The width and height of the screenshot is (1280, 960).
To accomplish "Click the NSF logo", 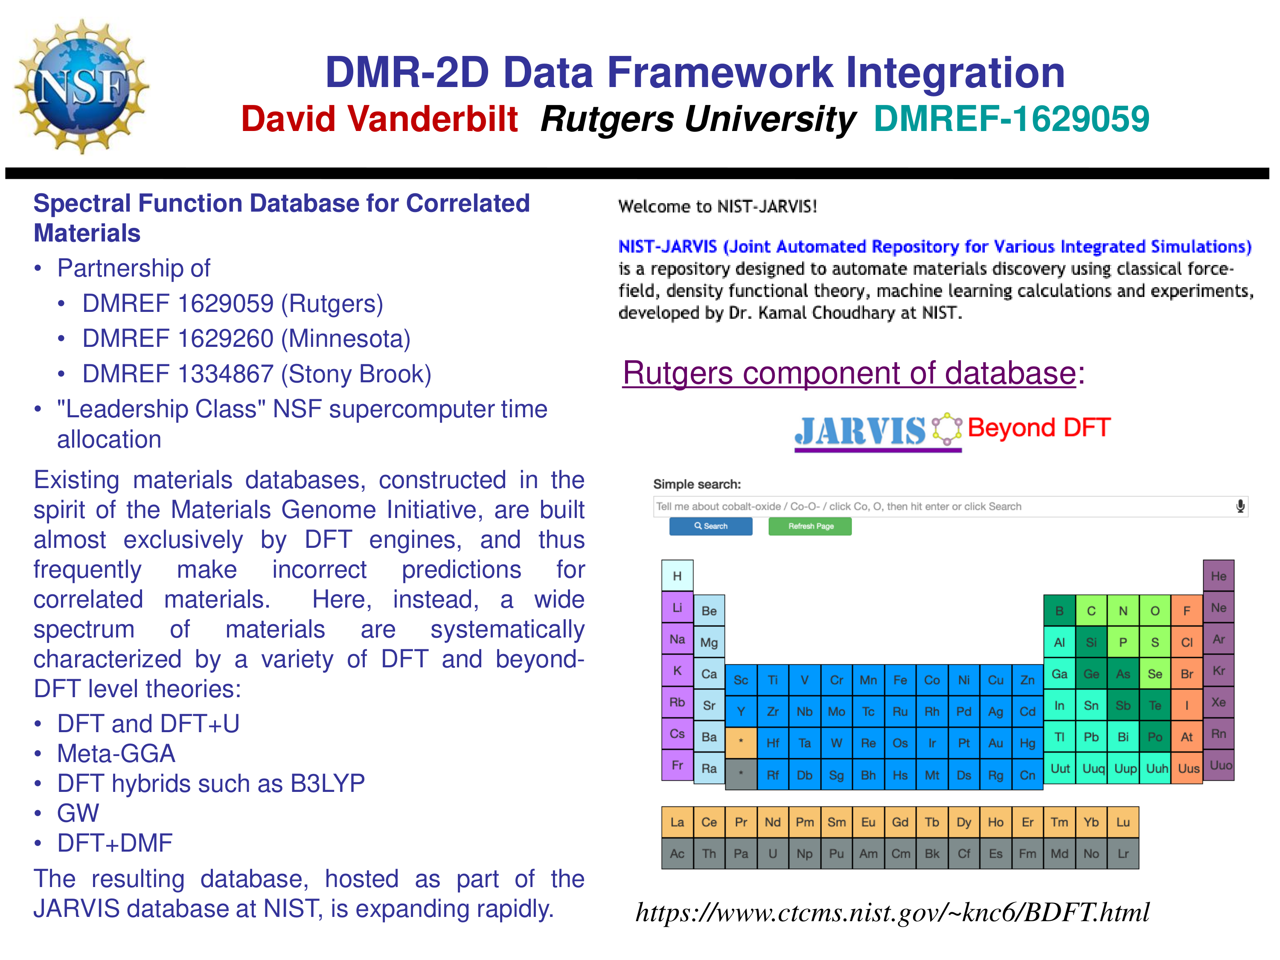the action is [82, 87].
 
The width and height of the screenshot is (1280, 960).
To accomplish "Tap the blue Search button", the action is [710, 526].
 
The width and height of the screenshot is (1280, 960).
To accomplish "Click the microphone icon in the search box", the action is [1240, 506].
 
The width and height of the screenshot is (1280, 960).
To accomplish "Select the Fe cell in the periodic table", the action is [900, 680].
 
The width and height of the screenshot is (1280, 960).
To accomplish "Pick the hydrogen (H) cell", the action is [677, 576].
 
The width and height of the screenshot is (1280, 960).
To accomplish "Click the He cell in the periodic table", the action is [1218, 576].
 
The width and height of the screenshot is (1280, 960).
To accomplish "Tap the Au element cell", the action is [995, 743].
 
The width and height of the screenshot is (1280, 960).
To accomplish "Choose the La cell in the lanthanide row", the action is [677, 822].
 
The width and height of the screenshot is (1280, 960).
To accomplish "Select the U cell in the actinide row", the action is [773, 853].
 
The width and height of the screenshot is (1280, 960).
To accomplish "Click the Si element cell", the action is [1091, 642].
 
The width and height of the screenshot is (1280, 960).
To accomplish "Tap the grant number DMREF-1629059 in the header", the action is [1011, 119].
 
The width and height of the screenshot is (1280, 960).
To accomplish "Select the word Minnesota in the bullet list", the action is [349, 338].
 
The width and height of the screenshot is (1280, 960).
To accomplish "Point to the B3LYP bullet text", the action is [327, 783].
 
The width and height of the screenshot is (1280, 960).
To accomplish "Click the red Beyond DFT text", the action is [1039, 428].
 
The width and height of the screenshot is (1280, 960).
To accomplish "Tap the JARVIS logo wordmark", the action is [861, 431].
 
